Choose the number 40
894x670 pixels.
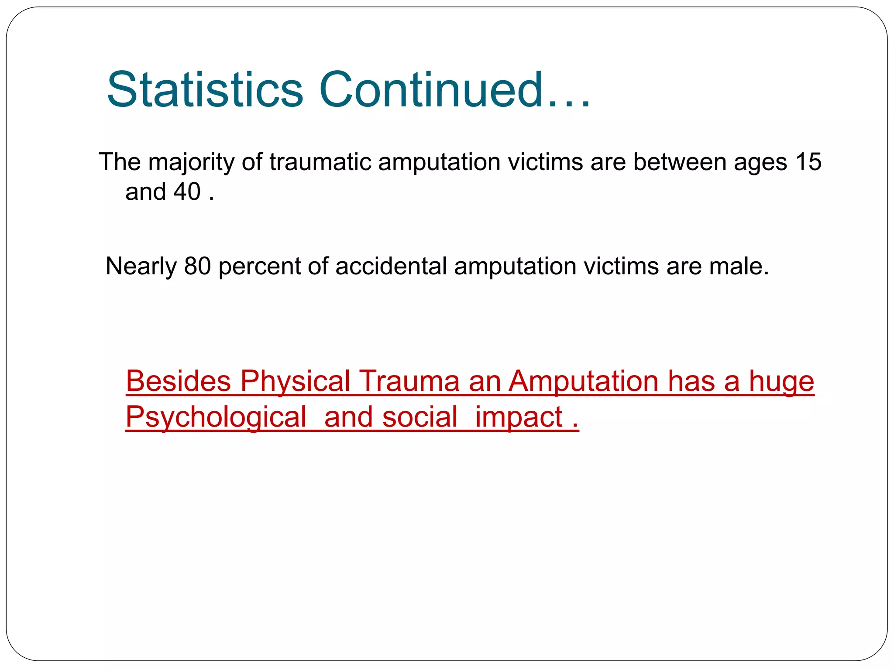click(x=187, y=191)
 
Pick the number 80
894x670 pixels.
click(x=197, y=266)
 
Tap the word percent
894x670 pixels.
click(x=259, y=267)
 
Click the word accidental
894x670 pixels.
click(x=391, y=266)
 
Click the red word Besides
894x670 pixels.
click(x=178, y=381)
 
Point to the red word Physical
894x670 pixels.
click(x=296, y=382)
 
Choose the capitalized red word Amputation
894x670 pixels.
click(x=584, y=382)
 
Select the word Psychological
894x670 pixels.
click(x=216, y=417)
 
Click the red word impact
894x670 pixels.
click(x=519, y=417)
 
